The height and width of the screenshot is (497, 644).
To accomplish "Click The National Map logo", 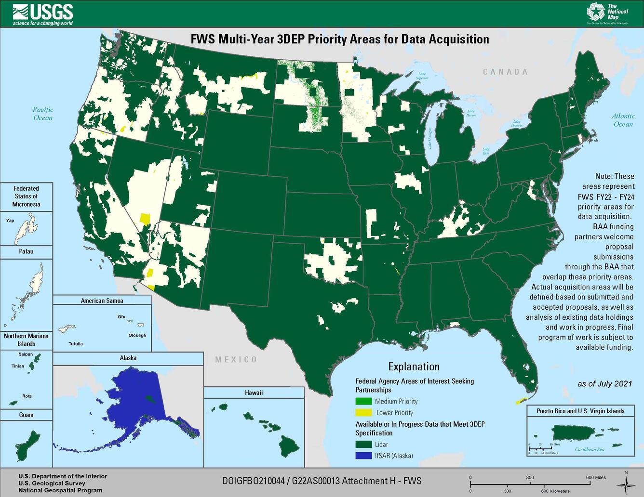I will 608,13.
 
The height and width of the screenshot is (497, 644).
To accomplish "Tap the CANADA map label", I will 505,72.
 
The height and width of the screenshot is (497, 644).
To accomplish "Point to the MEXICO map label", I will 236,360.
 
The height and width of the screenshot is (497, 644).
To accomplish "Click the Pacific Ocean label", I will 43,114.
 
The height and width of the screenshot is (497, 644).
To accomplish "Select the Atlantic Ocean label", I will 623,120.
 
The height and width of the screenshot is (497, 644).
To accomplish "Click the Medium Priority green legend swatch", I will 363,401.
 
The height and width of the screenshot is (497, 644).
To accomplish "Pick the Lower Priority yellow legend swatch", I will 363,413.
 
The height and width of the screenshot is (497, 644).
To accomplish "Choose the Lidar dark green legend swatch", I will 363,445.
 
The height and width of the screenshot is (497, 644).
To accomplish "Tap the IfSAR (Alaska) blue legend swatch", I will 363,456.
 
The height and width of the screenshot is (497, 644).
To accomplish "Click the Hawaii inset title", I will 254,392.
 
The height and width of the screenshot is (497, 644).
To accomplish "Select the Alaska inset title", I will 128,358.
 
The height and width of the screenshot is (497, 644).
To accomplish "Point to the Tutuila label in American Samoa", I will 75,344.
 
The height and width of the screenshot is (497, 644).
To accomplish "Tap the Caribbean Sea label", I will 589,449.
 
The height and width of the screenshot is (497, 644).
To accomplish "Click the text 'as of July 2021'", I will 604,384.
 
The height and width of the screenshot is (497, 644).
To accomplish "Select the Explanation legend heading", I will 414,366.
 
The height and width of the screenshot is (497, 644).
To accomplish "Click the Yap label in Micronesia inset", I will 10,221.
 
